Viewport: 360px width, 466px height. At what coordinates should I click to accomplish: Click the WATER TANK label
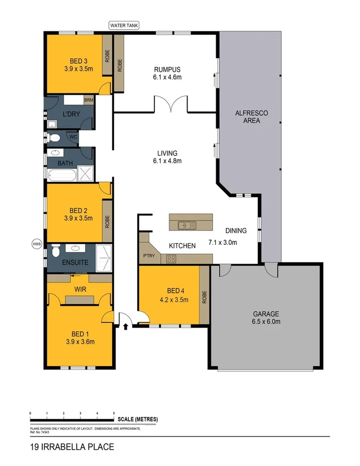pos(124,25)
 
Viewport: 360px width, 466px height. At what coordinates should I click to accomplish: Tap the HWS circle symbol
pos(36,244)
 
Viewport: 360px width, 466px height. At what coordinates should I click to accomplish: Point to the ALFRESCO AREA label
pos(251,117)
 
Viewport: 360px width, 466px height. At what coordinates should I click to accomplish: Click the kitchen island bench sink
pos(187,226)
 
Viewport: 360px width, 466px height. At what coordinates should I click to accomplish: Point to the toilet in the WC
pos(55,137)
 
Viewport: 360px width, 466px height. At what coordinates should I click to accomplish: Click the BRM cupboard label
pos(88,100)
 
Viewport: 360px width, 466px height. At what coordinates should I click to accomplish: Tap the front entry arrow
pos(125,327)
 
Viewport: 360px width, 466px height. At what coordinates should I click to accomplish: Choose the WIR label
pos(79,290)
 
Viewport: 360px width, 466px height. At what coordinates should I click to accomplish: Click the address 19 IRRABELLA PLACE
pos(72,446)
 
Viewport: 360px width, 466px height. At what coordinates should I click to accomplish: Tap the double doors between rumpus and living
pos(171,106)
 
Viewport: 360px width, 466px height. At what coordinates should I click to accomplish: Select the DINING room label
pos(236,231)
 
